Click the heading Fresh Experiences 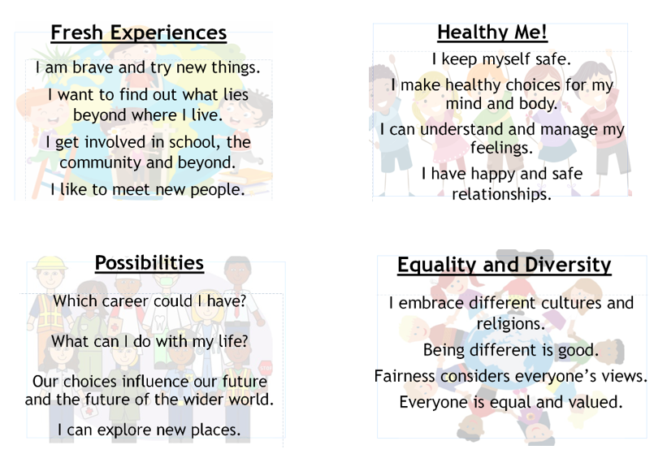139,32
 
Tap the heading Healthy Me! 492,32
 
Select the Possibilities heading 149,263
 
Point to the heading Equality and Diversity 504,265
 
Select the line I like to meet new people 148,190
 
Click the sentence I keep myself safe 501,59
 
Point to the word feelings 501,148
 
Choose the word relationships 501,194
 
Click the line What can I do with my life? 149,341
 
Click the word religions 510,324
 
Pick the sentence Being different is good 511,351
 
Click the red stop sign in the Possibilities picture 266,368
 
